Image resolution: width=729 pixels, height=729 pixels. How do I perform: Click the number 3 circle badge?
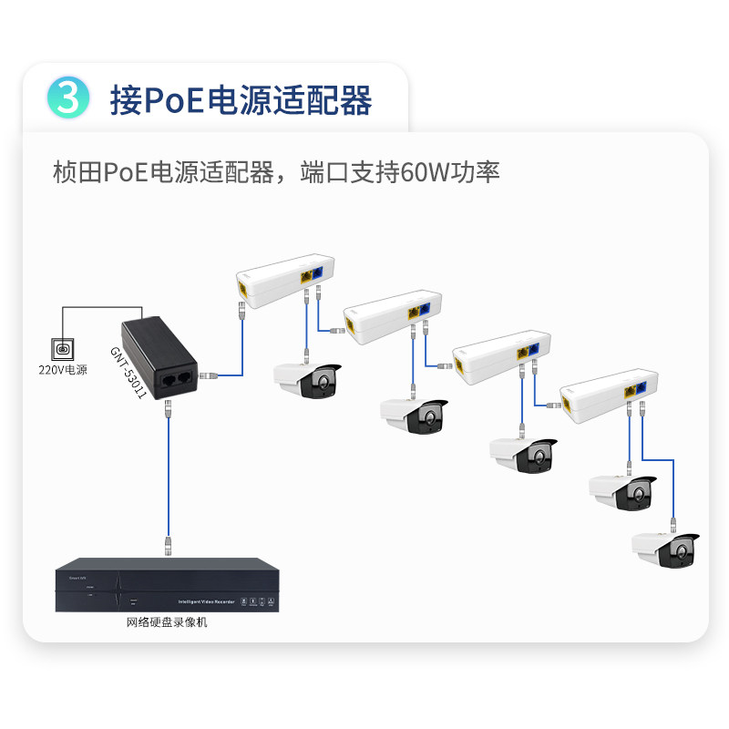point(68,98)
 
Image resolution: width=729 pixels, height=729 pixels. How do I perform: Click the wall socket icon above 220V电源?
point(63,348)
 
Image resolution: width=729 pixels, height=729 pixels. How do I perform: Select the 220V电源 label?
point(63,370)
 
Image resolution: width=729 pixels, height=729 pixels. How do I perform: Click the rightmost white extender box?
point(607,398)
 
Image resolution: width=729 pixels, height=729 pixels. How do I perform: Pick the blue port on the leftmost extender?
point(318,272)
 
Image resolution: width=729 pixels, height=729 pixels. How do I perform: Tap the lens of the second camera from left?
point(426,418)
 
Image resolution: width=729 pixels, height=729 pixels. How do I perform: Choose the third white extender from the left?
point(499,357)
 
